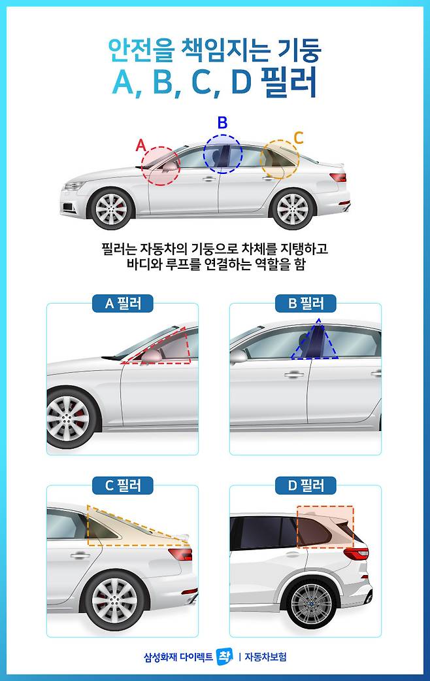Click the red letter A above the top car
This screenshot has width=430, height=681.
click(141, 145)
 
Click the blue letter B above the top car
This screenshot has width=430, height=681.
click(222, 123)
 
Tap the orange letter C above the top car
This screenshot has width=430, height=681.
click(298, 138)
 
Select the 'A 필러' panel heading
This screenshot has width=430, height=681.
click(123, 303)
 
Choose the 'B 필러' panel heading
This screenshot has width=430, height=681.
click(305, 303)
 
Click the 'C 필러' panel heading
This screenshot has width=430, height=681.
click(123, 485)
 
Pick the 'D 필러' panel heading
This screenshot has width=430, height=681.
click(305, 485)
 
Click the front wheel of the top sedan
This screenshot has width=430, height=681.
click(111, 209)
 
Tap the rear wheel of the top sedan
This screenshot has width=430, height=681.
click(293, 209)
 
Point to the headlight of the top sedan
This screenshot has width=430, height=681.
click(74, 186)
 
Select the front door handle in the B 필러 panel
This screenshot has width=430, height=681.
click(294, 374)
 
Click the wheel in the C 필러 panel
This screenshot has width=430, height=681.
click(116, 601)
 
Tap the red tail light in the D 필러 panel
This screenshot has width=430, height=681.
click(356, 553)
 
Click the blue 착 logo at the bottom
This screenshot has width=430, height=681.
click(224, 656)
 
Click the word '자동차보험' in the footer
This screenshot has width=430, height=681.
click(265, 657)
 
